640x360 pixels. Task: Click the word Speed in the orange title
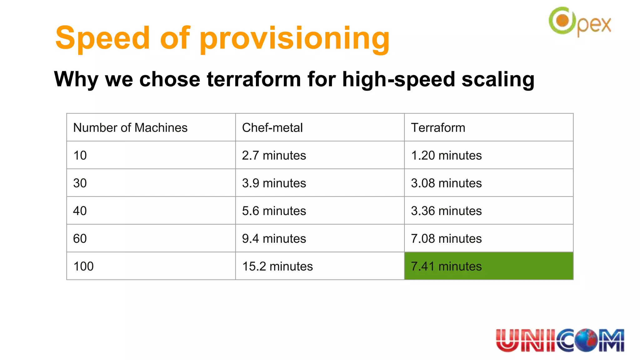point(103,38)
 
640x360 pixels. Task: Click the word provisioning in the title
point(295,39)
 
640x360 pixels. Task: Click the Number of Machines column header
point(130,127)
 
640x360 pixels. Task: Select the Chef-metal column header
point(272,127)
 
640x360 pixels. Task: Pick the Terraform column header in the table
point(438,127)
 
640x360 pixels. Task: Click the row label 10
point(80,155)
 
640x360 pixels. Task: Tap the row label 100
point(83,266)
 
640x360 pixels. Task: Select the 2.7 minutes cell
point(274,155)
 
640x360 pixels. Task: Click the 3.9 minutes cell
point(274,183)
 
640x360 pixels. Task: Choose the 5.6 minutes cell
point(274,211)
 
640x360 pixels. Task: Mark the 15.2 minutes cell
point(277,266)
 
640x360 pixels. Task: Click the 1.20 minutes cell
point(446,155)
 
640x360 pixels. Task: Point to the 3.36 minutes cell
point(446,211)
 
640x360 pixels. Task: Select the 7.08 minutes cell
point(446,238)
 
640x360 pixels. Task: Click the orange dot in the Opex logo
point(563,21)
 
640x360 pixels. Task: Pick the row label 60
point(80,238)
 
